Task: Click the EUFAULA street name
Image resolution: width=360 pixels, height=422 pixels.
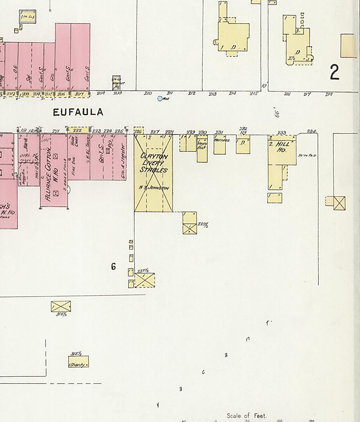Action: pos(78,112)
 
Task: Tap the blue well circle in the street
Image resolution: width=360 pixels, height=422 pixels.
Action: pos(160,99)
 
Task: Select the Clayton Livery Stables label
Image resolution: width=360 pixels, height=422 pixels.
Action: pos(154,163)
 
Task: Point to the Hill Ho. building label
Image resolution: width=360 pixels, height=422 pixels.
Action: pos(282,147)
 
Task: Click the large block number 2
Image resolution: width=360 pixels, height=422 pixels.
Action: pos(334,72)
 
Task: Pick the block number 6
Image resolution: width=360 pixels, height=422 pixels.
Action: pos(113,267)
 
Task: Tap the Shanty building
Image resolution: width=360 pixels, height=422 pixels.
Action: pos(78,362)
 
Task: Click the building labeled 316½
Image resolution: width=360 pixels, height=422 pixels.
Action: pos(61,306)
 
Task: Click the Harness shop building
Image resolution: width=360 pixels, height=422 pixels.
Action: pos(220,144)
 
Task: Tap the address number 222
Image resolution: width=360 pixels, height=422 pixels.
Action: pos(77,130)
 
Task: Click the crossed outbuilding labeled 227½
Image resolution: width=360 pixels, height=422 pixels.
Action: pos(144,280)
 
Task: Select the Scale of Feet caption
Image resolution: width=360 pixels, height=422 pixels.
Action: pos(246,416)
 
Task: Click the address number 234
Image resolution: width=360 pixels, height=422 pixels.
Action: pos(311,131)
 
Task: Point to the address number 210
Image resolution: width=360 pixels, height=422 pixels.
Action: pos(148,94)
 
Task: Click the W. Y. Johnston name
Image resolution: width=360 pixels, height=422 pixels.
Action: pos(154,188)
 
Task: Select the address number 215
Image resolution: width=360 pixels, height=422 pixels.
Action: pos(254,94)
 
